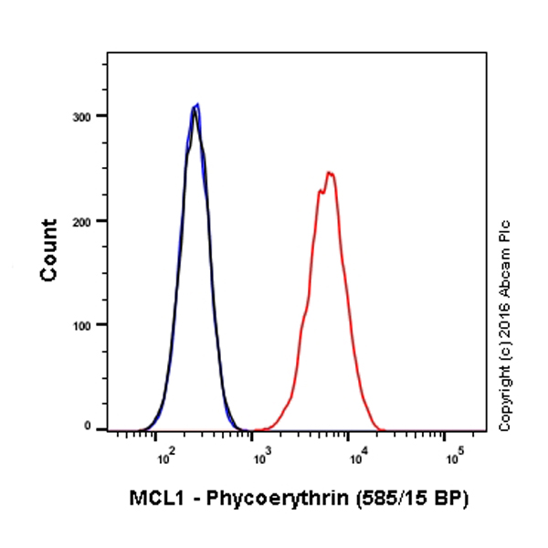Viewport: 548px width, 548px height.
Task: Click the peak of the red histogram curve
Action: click(x=330, y=173)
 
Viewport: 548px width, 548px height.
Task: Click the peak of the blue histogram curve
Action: click(x=196, y=104)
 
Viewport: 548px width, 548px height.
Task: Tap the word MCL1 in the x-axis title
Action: click(x=153, y=499)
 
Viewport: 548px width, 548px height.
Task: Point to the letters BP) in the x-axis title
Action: click(x=449, y=499)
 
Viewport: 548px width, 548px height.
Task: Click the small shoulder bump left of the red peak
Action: click(x=320, y=191)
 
